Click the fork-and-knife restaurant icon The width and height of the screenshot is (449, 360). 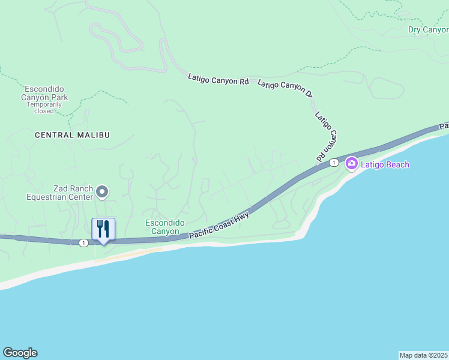tap(103, 229)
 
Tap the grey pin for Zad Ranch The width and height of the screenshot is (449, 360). tap(102, 191)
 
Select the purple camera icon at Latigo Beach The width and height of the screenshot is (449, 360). tap(351, 163)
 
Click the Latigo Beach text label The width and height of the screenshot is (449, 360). tap(385, 164)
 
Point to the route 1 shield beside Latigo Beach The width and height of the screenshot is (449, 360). tap(333, 163)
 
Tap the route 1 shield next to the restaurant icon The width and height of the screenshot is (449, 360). tap(83, 242)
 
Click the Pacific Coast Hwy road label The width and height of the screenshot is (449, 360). tap(219, 226)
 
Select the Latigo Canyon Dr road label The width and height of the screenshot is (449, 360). tap(285, 89)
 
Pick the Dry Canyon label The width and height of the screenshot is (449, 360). tap(428, 29)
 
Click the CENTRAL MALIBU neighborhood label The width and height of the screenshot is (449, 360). tap(72, 135)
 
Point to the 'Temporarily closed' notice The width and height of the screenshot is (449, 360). tap(44, 107)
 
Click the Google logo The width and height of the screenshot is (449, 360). tap(20, 353)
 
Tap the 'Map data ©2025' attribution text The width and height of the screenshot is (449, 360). tap(423, 355)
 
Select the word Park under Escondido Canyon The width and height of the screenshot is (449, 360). tap(58, 97)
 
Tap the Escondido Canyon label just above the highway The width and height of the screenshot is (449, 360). tap(162, 227)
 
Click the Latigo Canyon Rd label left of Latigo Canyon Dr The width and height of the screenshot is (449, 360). tap(218, 78)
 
